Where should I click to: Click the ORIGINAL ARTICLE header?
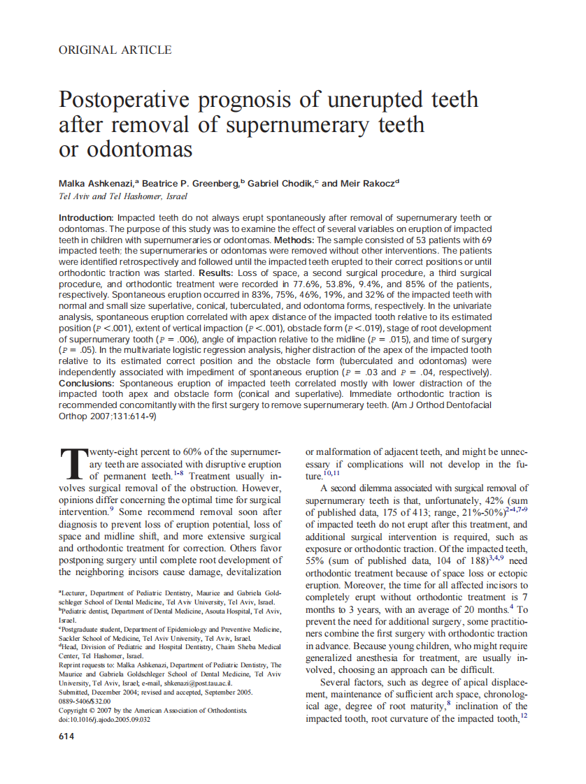(x=115, y=50)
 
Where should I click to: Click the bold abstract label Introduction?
(x=86, y=219)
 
